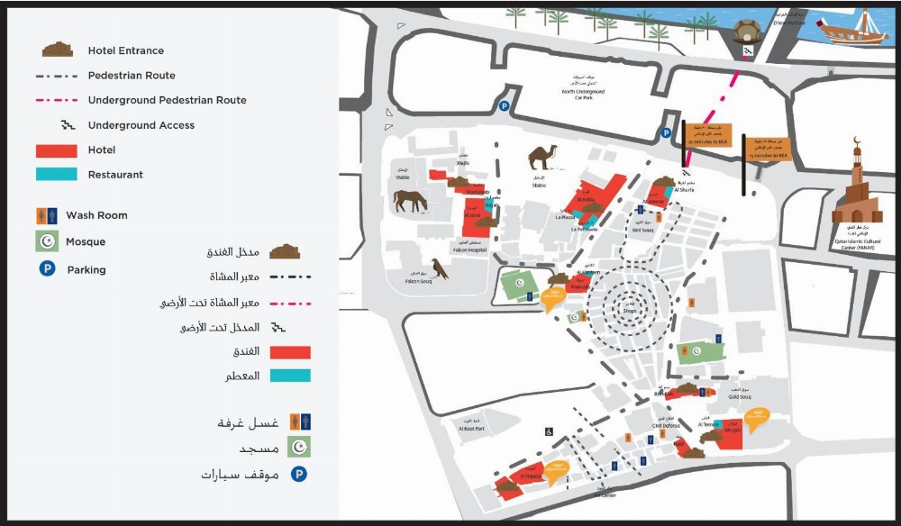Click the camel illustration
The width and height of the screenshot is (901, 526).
(543, 157)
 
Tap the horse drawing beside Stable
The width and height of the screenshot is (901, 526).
(411, 201)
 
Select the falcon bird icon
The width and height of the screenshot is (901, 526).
(440, 268)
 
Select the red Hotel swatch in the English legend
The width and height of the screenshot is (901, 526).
(57, 150)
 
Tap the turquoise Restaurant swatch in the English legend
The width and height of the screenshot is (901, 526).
(57, 175)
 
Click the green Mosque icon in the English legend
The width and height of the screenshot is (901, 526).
(47, 241)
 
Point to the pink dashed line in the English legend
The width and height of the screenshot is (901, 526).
(57, 100)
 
